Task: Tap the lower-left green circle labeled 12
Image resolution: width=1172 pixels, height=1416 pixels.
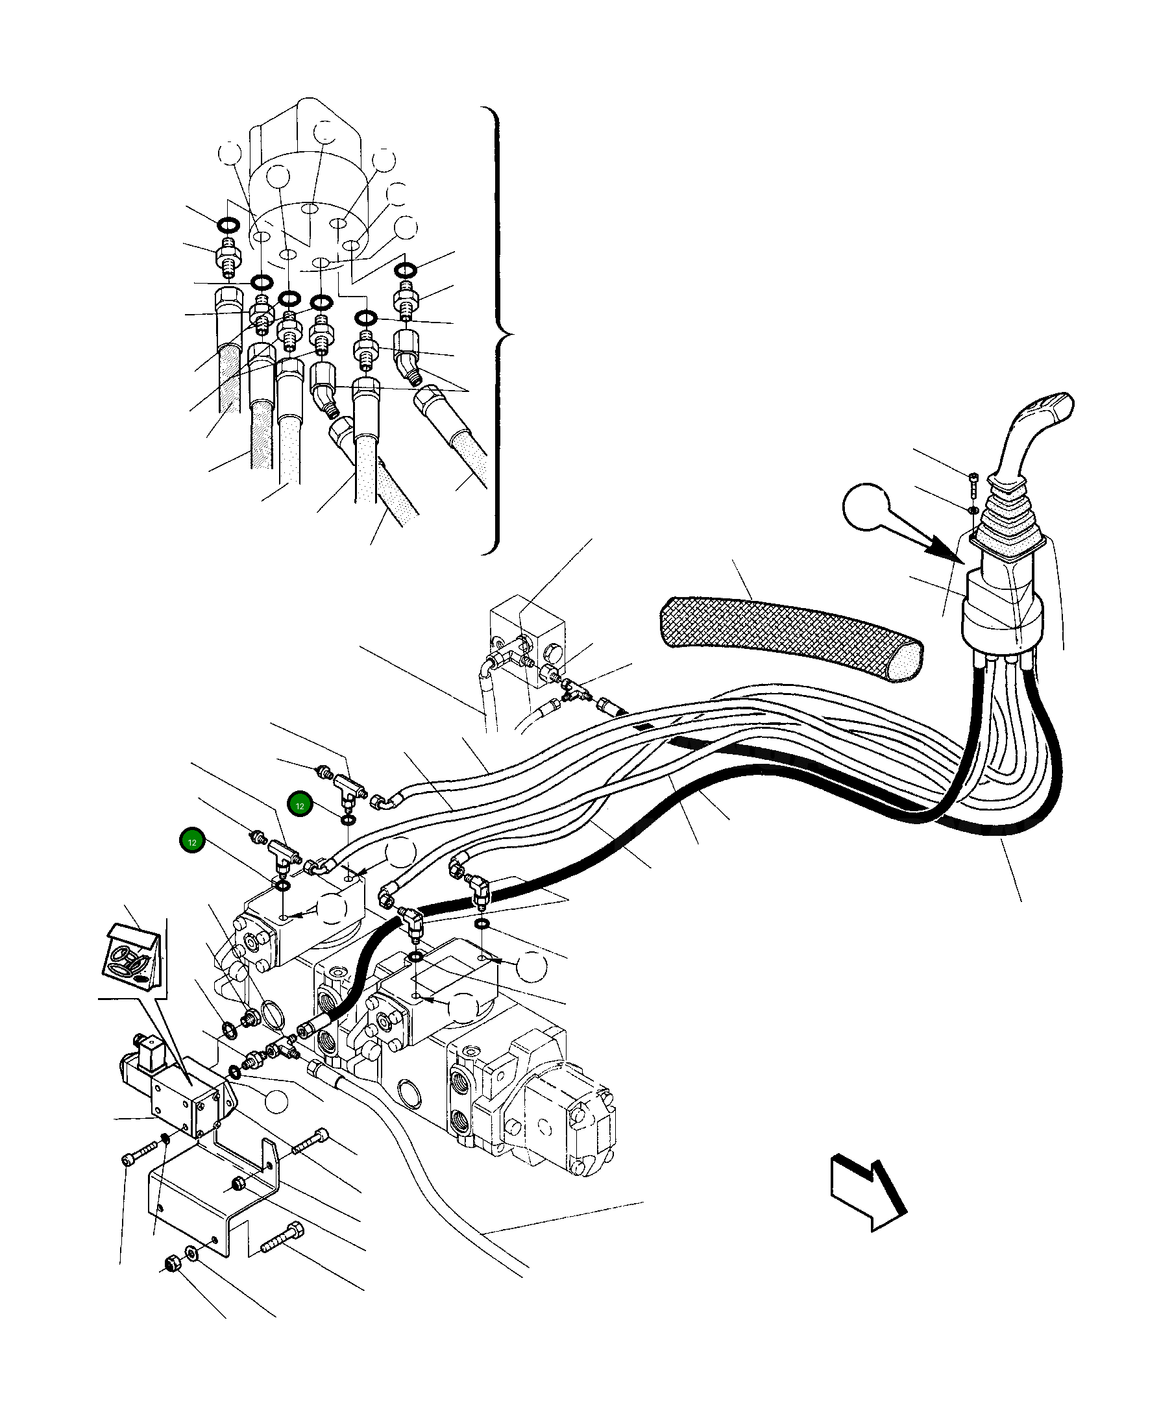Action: pyautogui.click(x=192, y=842)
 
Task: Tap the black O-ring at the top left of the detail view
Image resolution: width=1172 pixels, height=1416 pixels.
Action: pyautogui.click(x=227, y=224)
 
